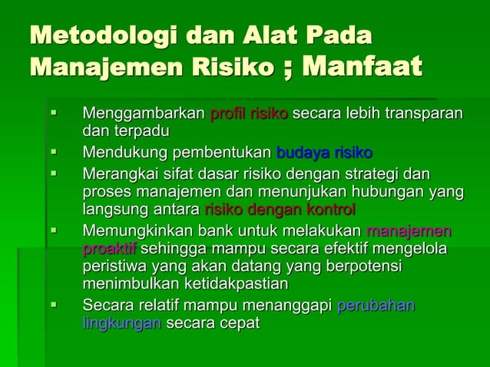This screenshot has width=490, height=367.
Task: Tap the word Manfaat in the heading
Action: [362, 67]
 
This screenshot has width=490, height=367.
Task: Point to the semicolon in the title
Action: [287, 69]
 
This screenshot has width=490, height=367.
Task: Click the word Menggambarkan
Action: [144, 114]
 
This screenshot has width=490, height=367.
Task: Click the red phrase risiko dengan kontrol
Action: [280, 209]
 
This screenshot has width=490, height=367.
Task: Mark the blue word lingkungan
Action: [121, 324]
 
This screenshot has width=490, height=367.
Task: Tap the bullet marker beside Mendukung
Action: [54, 150]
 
